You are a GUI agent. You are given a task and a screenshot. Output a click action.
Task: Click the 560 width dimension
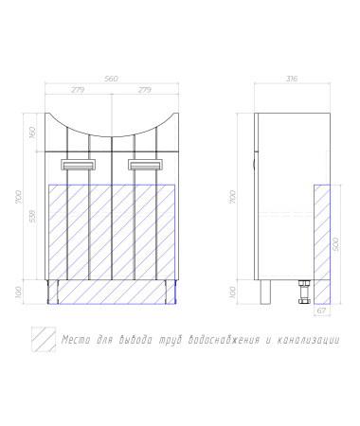111,79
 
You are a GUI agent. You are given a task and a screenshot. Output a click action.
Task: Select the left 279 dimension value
78,90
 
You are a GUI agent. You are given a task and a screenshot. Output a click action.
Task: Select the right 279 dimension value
145,90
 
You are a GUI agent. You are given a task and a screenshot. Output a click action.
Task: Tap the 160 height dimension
32,133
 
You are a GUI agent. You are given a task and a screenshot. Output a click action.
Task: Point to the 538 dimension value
32,216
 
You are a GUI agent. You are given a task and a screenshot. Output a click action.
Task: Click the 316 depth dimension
292,79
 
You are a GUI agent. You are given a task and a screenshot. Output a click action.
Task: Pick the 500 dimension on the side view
336,244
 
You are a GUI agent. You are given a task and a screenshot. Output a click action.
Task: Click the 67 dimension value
321,311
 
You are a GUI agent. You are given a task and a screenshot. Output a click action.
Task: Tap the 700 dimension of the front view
19,197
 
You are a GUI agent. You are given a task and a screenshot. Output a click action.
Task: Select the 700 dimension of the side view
233,197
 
